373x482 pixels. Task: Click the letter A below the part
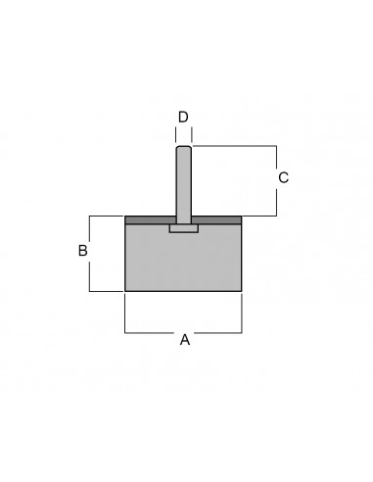[185, 340]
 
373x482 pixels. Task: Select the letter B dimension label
[83, 251]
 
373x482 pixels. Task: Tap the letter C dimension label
[283, 177]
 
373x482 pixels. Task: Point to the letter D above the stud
[183, 117]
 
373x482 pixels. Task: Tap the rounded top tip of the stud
[184, 147]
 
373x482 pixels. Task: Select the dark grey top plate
[183, 219]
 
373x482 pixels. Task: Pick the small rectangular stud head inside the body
[184, 228]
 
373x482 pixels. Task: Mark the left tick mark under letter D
[176, 135]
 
